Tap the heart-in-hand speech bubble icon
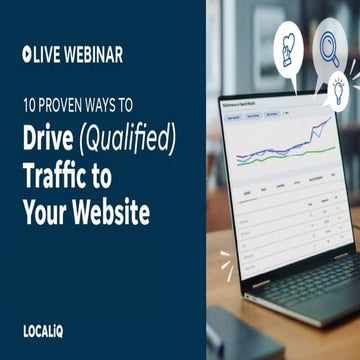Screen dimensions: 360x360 [285, 45]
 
